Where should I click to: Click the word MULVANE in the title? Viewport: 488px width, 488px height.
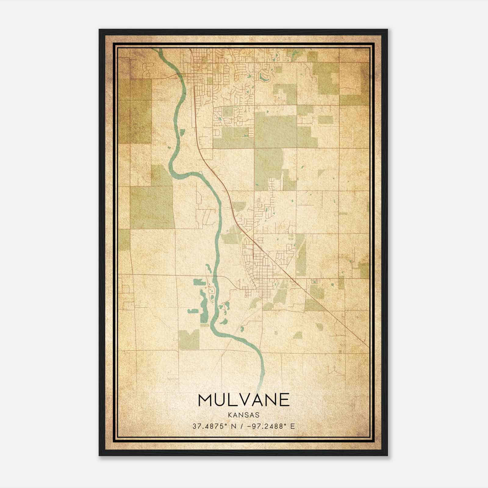[x=244, y=400]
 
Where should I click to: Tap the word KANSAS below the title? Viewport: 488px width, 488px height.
[x=243, y=415]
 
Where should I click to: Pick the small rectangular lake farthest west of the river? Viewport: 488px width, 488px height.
[x=192, y=311]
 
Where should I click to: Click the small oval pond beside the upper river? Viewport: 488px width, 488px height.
[x=182, y=132]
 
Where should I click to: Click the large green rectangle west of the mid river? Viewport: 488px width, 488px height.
[x=152, y=207]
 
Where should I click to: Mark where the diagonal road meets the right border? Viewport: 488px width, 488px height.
[x=368, y=347]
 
